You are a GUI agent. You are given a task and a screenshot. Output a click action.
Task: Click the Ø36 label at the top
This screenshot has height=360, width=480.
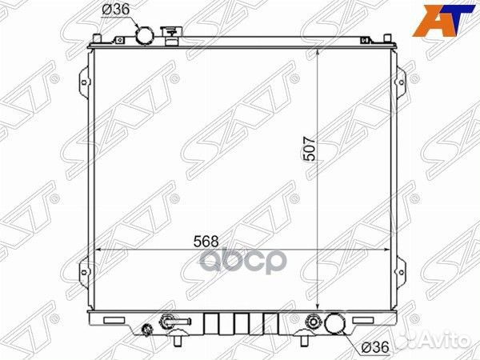pos(114,10)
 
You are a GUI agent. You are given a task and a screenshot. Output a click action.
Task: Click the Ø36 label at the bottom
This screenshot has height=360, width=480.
pos(374,347)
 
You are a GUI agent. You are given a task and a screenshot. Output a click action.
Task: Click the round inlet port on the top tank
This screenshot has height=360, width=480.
pos(145,35)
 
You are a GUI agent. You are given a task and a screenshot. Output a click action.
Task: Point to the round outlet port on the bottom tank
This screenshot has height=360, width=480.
pos(335,324)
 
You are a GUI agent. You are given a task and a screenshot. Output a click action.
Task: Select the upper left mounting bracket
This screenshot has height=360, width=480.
pos(86,80)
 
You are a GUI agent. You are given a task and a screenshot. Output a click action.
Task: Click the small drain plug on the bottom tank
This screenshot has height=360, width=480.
pos(147,330)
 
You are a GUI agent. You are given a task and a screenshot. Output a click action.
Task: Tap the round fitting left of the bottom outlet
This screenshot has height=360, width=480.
pos(314,323)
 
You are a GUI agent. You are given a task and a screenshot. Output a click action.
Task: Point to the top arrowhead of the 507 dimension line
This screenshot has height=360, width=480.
pos(318,50)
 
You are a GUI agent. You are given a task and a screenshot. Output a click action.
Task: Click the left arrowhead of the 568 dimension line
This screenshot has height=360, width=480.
pos(97,250)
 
